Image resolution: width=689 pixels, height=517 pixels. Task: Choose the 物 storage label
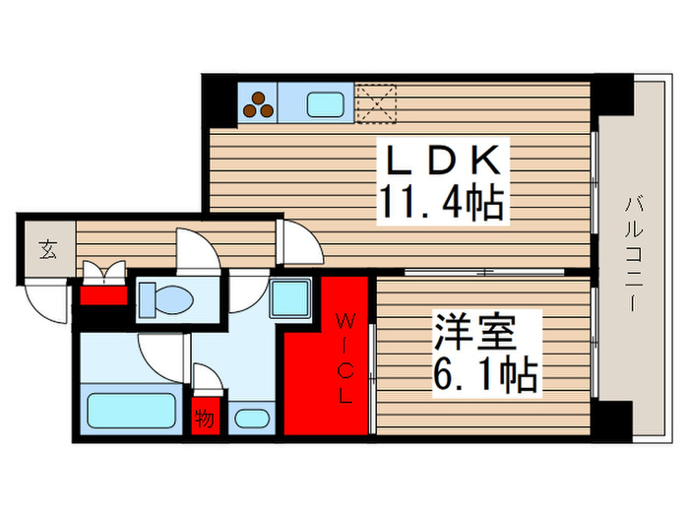(205, 419)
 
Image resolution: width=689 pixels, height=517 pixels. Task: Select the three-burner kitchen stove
(259, 101)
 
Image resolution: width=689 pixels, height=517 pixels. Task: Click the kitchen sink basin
(325, 102)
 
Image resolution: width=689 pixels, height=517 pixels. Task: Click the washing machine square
(290, 297)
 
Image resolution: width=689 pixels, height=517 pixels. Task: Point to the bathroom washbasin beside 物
(252, 418)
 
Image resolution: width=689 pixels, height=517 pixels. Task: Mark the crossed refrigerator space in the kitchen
(374, 101)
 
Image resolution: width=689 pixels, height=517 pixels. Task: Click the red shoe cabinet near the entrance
(103, 292)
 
